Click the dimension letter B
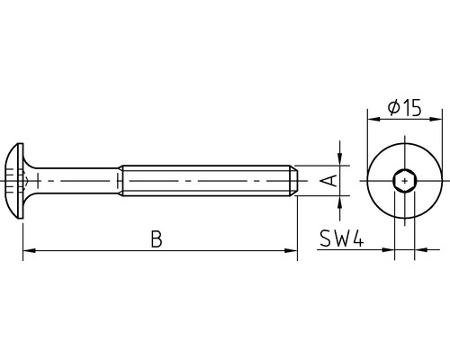click(156, 239)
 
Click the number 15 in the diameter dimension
click(411, 109)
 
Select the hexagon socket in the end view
click(406, 181)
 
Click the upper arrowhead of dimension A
click(340, 159)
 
